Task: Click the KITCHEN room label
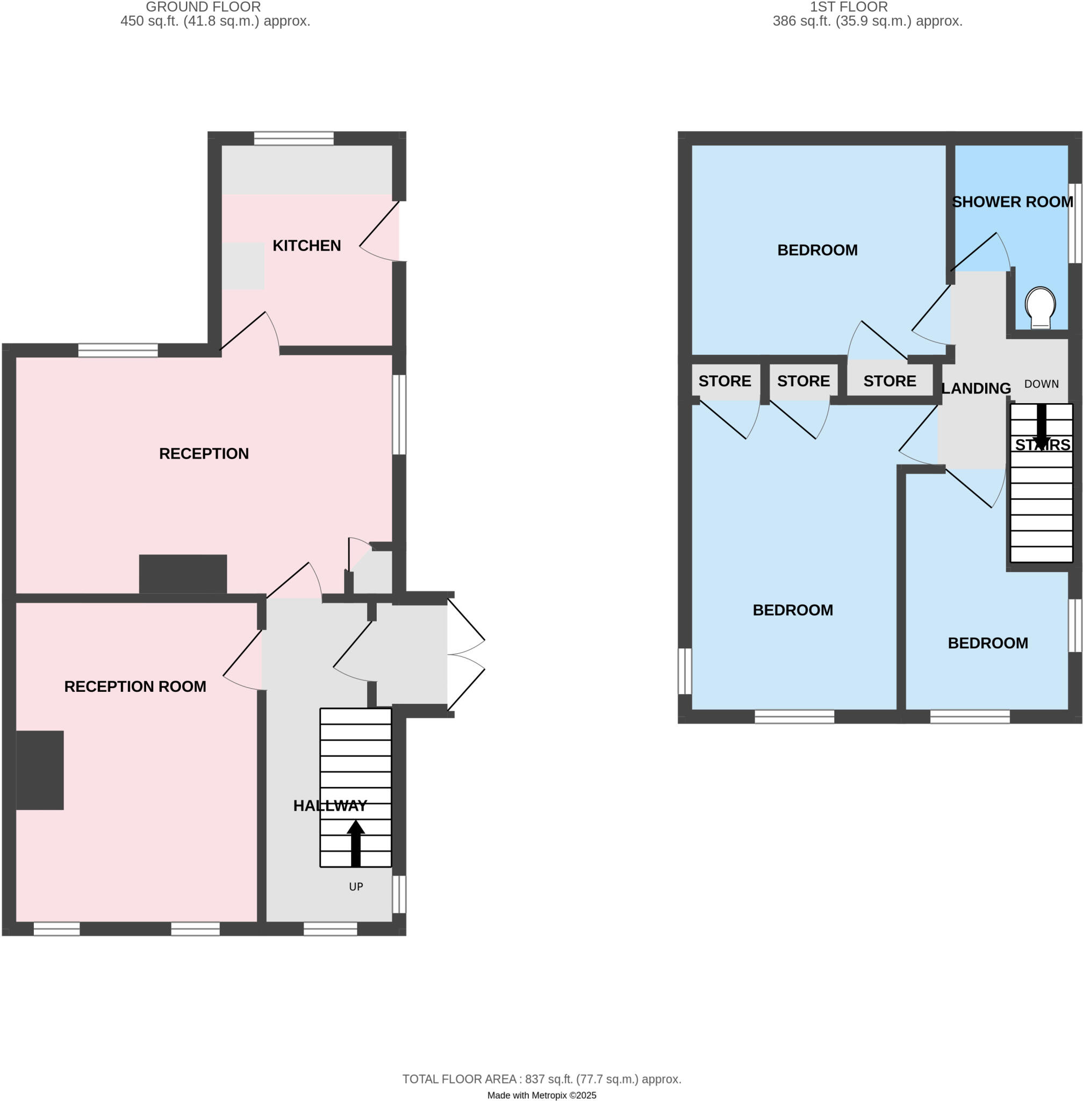[x=306, y=246]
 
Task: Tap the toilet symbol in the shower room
[x=1040, y=308]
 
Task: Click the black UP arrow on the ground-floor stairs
[x=355, y=843]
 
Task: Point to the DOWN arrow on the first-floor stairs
[x=1042, y=426]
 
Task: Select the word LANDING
[x=976, y=389]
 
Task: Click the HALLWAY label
[x=330, y=806]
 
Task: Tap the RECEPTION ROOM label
[x=135, y=687]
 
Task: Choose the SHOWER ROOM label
[x=1013, y=202]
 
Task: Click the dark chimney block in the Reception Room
[x=40, y=770]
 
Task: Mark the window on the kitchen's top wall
[x=293, y=138]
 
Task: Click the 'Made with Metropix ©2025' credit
[x=542, y=1095]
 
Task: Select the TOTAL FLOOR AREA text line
[x=542, y=1079]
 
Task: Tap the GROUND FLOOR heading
[x=203, y=8]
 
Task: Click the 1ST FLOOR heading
[x=849, y=8]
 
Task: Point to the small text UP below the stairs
[x=356, y=886]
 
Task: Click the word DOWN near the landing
[x=1041, y=384]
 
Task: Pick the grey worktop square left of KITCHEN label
[x=243, y=266]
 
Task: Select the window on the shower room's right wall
[x=1074, y=223]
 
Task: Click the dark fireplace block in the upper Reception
[x=183, y=574]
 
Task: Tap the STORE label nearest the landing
[x=890, y=381]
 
